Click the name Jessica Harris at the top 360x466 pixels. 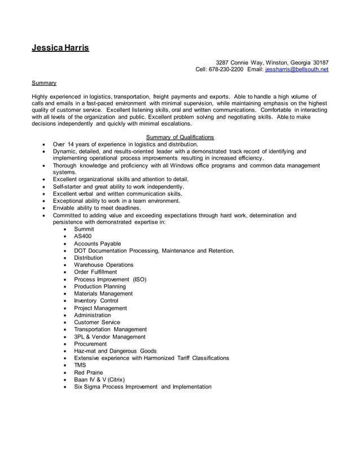(60, 48)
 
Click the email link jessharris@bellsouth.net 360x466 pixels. (297, 69)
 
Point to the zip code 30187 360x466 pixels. (321, 63)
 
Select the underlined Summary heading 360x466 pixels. (43, 83)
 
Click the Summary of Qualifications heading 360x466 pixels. (180, 137)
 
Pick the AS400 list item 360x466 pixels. (82, 237)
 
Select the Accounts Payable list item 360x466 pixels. (97, 244)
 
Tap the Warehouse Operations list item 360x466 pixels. (104, 265)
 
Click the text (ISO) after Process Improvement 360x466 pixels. (139, 279)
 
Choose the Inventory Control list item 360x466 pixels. (96, 301)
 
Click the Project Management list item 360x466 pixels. (100, 308)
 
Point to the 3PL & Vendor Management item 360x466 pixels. (109, 337)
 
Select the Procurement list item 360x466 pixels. (90, 344)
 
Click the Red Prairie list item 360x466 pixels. (89, 372)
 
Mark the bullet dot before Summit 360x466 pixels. (67, 230)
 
